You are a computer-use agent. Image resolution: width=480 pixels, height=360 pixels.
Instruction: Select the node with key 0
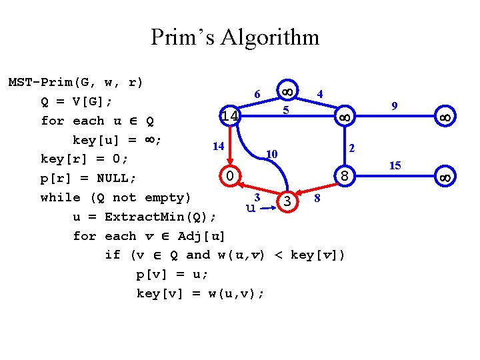(x=229, y=177)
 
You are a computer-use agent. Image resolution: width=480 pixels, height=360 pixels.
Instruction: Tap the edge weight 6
(x=257, y=94)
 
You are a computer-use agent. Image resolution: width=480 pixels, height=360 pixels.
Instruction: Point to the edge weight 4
(x=321, y=94)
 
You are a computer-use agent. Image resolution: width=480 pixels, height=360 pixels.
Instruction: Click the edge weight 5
(x=285, y=110)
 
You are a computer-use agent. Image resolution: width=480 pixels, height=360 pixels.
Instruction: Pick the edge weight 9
(x=395, y=105)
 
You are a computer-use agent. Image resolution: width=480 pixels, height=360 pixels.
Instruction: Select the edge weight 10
(x=271, y=154)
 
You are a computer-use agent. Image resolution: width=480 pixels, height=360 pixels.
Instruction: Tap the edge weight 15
(x=395, y=165)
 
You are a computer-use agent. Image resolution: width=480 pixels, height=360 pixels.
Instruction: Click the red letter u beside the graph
(x=251, y=208)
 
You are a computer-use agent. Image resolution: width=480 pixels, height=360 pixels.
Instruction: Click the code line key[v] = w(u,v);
(x=200, y=293)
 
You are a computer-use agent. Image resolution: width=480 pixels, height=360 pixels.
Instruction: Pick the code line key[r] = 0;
(x=84, y=159)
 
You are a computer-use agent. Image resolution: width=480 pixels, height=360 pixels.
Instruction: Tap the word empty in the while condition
(x=167, y=197)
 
